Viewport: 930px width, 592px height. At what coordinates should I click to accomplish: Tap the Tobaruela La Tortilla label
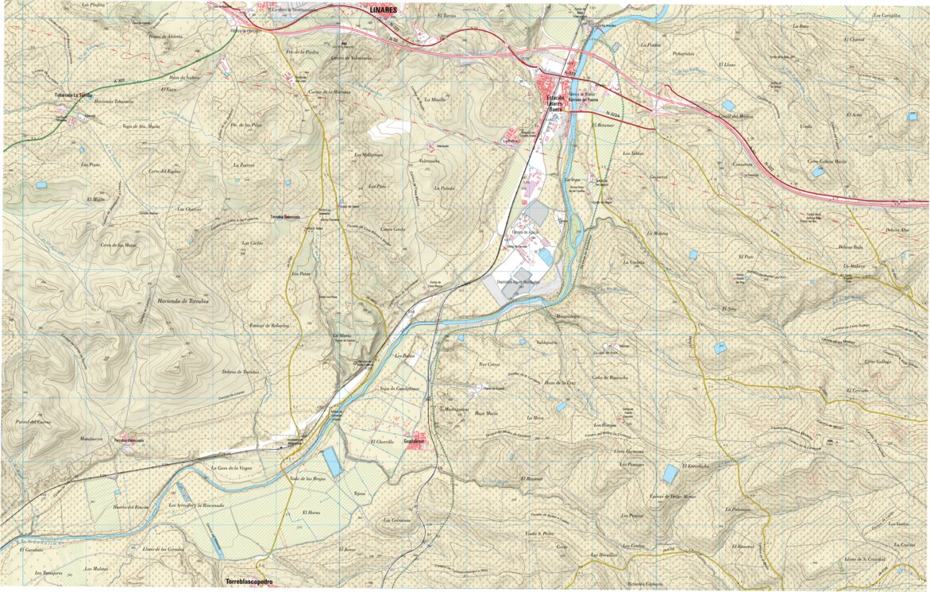pyautogui.click(x=79, y=95)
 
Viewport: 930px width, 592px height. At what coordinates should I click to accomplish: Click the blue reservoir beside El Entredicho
pyautogui.click(x=670, y=474)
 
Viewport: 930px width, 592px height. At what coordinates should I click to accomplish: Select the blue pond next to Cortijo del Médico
pyautogui.click(x=728, y=105)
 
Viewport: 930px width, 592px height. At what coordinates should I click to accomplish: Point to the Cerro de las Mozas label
pyautogui.click(x=119, y=245)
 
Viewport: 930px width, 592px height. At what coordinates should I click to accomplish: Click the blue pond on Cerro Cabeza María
pyautogui.click(x=817, y=171)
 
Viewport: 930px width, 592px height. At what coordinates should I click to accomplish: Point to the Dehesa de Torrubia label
pyautogui.click(x=240, y=372)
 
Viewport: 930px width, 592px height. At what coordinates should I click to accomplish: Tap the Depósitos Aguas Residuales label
pyautogui.click(x=517, y=282)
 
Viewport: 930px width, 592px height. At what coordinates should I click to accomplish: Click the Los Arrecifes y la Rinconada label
pyautogui.click(x=196, y=505)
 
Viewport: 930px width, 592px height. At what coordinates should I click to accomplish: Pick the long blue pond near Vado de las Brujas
pyautogui.click(x=332, y=462)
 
